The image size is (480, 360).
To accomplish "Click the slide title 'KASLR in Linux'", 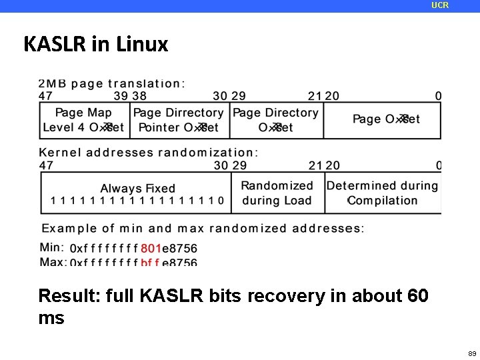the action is point(96,45).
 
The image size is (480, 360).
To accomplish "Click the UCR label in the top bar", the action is point(440,5).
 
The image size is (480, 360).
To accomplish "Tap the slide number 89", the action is point(471,353).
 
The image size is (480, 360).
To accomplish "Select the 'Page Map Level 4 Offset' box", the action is point(83,120).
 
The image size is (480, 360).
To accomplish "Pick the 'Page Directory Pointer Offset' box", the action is point(179,120).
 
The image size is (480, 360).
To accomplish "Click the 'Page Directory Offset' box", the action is point(276,120).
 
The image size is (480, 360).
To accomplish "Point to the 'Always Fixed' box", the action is point(137,193).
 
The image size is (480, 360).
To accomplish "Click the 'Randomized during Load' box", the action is point(277,193).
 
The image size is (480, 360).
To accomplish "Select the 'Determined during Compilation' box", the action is point(383,193).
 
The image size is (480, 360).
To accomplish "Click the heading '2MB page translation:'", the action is point(112,84).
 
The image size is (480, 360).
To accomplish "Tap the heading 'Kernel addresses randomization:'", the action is point(148,152).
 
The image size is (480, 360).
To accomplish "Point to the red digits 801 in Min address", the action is point(151,248).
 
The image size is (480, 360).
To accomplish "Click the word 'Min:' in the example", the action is point(52,247).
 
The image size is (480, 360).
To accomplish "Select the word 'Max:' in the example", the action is point(53,262).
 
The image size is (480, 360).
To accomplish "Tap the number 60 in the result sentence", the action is point(417,295).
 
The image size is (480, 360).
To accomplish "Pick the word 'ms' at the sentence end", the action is point(51,318).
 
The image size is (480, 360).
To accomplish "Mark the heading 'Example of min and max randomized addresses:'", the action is point(203,228).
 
